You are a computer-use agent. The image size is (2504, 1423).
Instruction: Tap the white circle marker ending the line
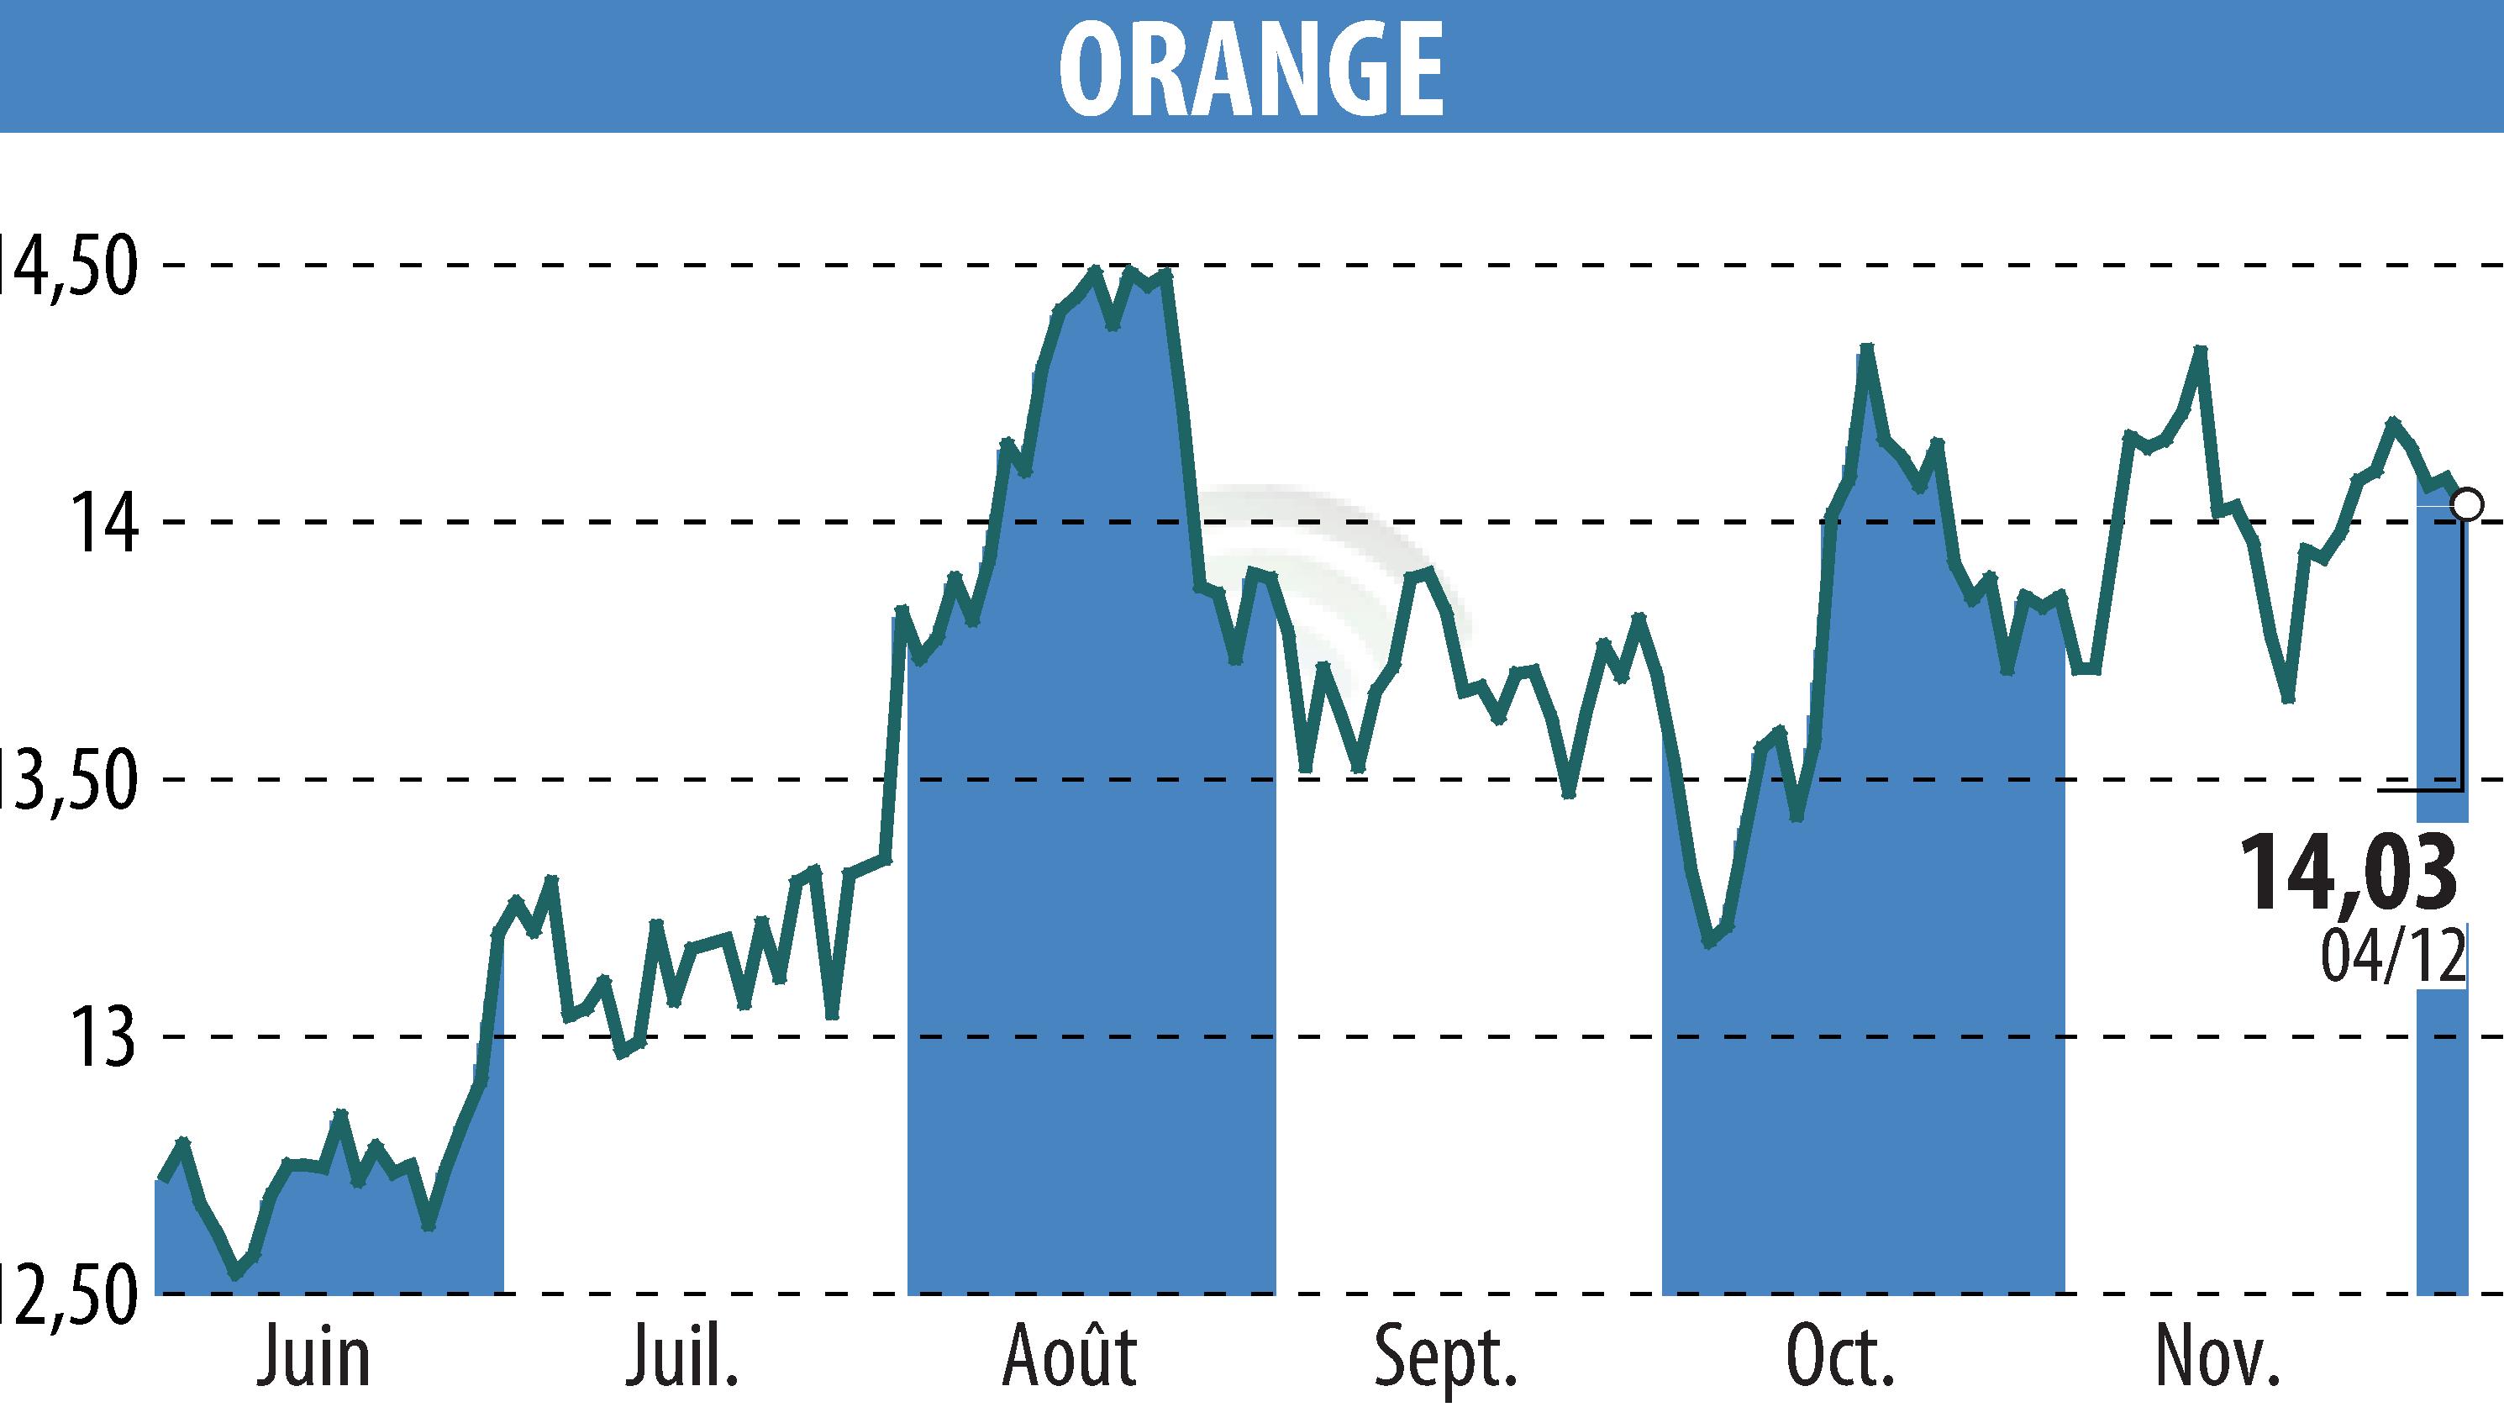[2467, 505]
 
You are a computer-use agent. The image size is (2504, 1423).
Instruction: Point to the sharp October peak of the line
[1867, 348]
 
